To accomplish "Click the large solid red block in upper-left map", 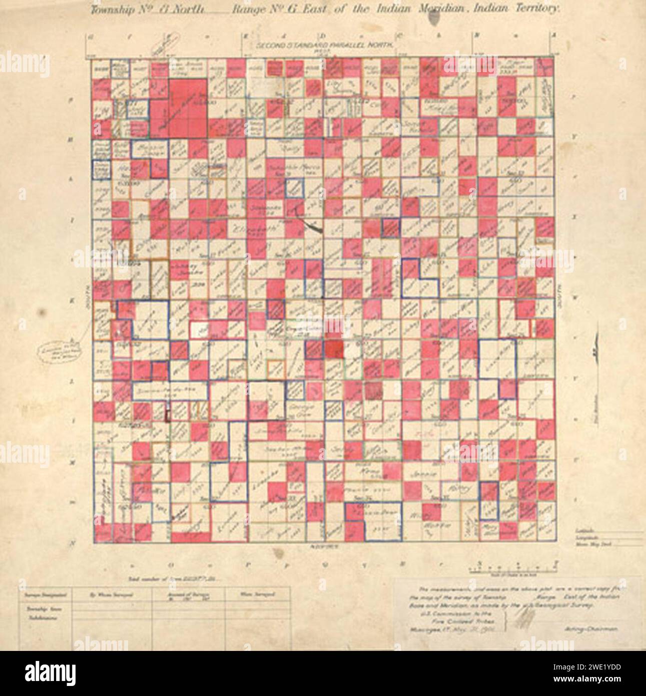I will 187,107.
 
